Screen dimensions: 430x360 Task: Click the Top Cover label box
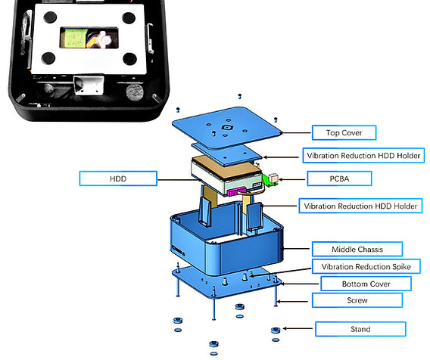[344, 132]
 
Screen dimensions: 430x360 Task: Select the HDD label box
[118, 178]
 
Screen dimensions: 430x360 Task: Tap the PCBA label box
[339, 178]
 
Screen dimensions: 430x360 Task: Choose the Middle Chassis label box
[357, 250]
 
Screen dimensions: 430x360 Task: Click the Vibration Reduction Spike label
[366, 266]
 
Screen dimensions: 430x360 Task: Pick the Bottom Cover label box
[366, 284]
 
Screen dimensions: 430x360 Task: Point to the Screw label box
[357, 300]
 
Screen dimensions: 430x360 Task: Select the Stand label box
[360, 329]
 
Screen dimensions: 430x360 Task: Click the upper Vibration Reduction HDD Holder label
[363, 156]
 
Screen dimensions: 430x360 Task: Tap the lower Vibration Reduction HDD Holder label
[360, 206]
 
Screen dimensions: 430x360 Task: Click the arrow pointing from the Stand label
[298, 328]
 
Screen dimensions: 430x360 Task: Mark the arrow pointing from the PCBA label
[292, 180]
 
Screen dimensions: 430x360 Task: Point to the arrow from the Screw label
[293, 302]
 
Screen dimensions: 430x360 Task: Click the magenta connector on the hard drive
[236, 191]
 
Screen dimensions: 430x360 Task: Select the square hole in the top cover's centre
[227, 128]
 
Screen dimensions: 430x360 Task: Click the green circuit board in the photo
[74, 39]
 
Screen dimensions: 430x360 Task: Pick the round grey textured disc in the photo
[135, 92]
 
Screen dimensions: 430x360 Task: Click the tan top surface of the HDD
[226, 168]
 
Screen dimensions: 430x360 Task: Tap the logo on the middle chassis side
[178, 250]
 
